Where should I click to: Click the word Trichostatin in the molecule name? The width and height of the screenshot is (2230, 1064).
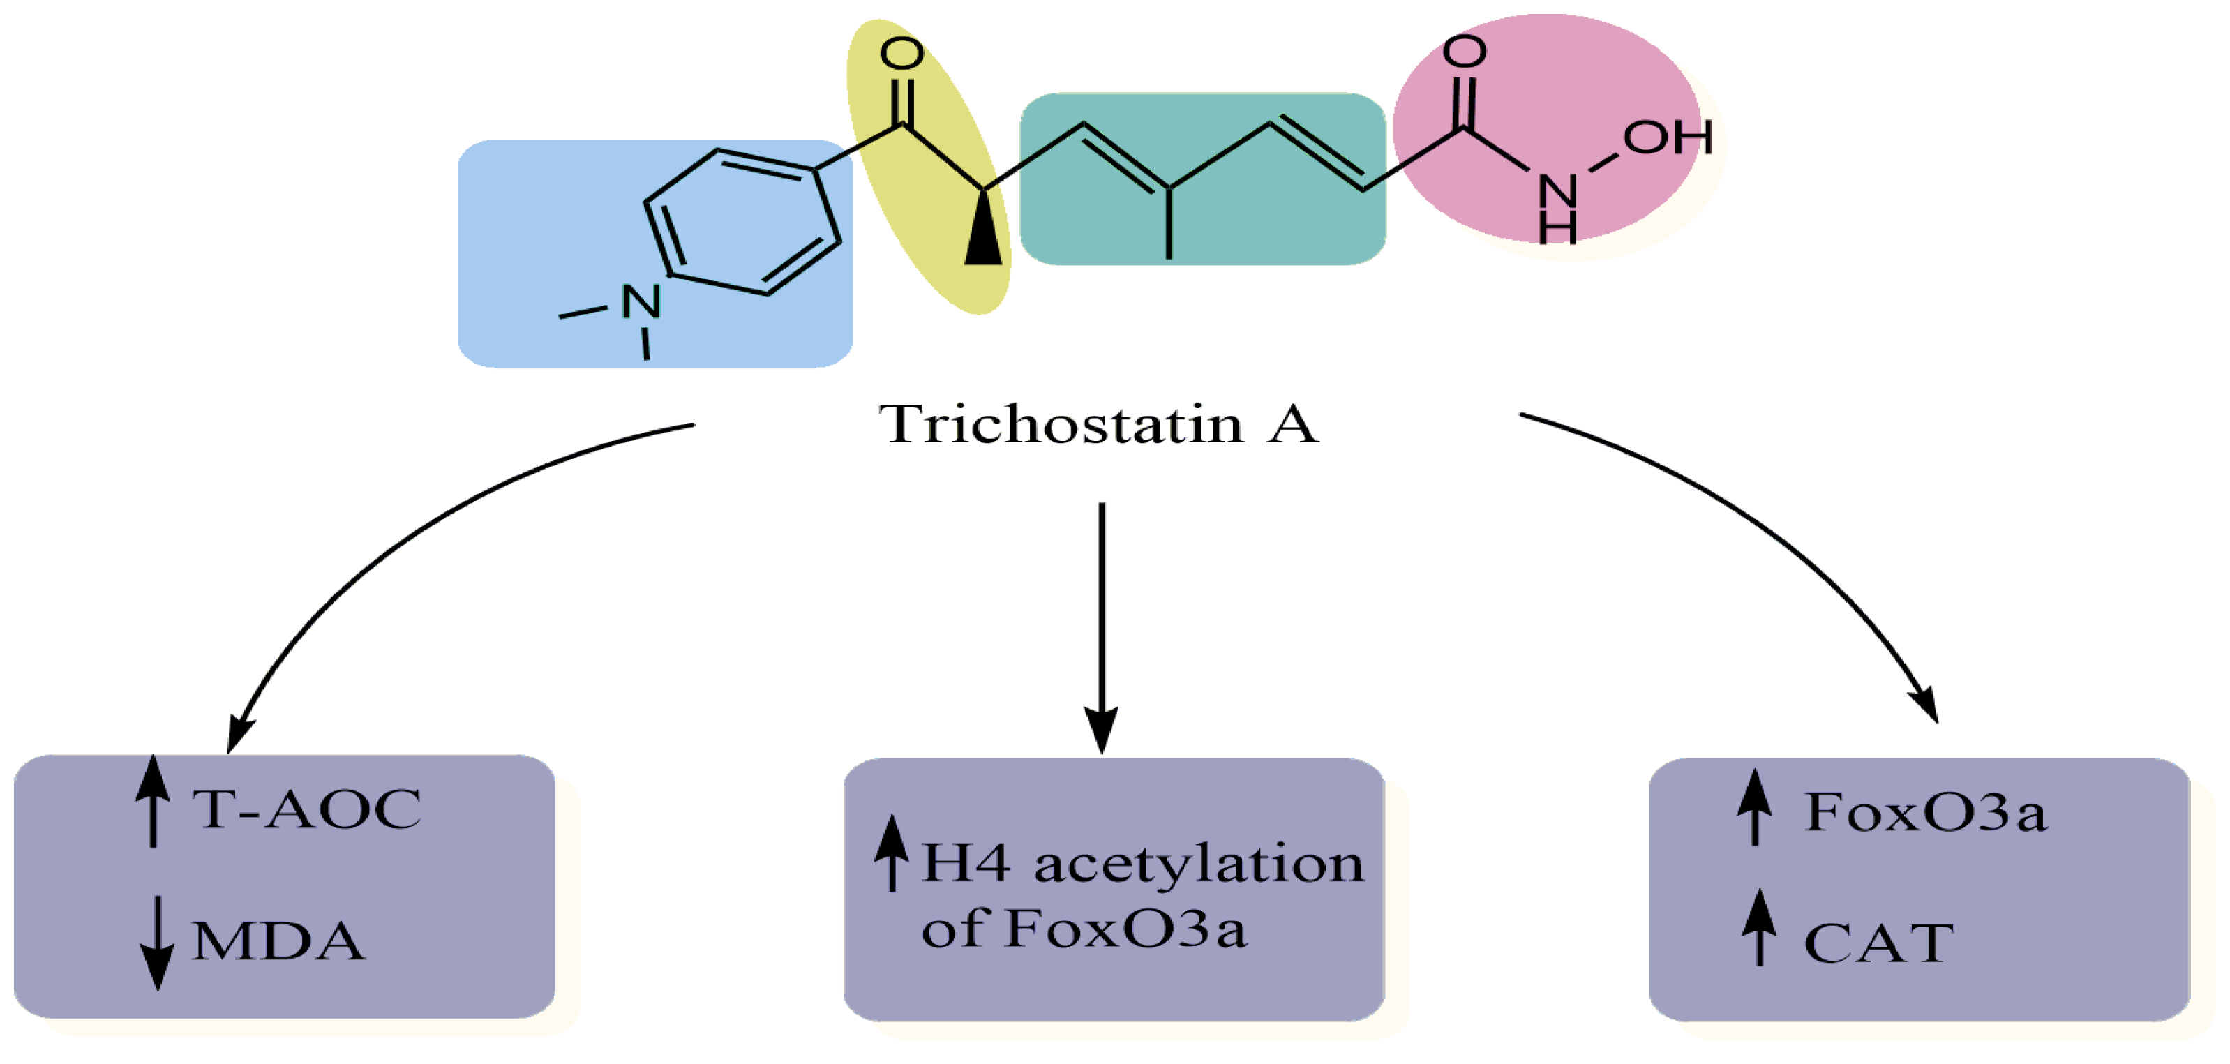click(1061, 424)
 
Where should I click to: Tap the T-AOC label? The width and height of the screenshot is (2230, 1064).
click(306, 809)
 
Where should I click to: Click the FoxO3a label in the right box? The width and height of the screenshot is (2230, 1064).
click(1924, 812)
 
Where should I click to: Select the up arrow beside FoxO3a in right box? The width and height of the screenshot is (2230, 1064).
click(1754, 807)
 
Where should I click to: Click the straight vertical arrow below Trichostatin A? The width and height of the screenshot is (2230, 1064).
click(1101, 623)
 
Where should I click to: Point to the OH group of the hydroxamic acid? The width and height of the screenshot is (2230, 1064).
click(1668, 137)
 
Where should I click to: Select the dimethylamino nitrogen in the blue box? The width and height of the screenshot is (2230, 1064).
click(641, 301)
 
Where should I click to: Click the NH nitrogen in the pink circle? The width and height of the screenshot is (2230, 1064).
click(1557, 192)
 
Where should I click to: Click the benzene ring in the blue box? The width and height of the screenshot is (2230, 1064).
click(742, 222)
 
